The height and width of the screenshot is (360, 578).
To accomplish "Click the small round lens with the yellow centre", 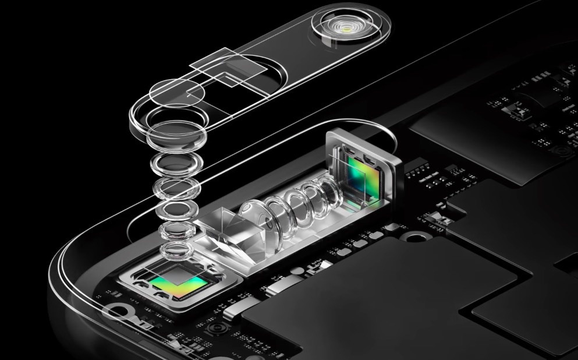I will point(347,27).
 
